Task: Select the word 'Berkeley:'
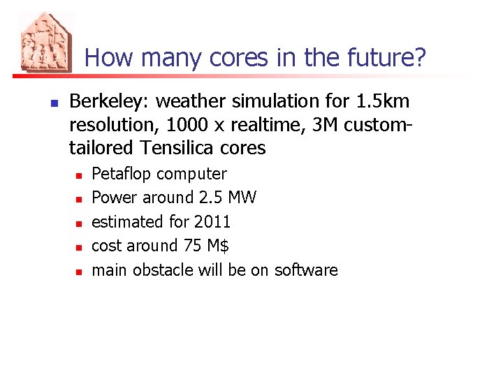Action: pos(110,102)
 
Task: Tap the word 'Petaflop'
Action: pos(122,174)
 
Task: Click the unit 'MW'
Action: pos(242,198)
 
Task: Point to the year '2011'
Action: pos(212,222)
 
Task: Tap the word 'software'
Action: pos(306,270)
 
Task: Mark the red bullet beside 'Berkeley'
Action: pos(53,103)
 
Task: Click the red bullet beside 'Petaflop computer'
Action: pos(79,175)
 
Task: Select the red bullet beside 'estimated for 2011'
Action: pos(79,223)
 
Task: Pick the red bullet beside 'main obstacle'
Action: pos(79,271)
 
